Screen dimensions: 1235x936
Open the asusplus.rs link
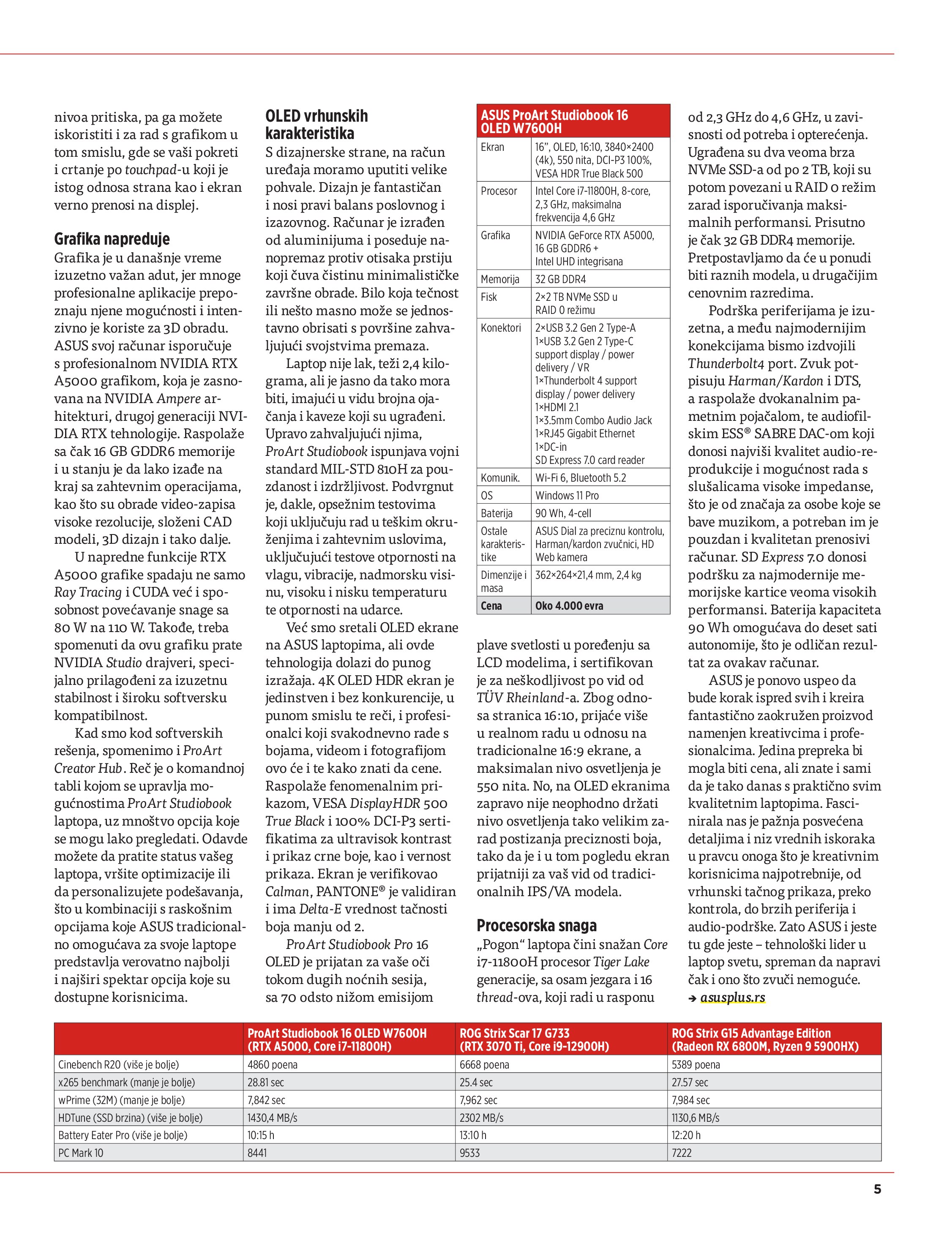pyautogui.click(x=732, y=997)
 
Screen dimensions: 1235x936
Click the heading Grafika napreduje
pyautogui.click(x=112, y=239)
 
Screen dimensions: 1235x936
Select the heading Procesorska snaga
pyautogui.click(x=536, y=925)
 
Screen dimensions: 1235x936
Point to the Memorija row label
pyautogui.click(x=500, y=279)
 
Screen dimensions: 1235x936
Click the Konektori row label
pyautogui.click(x=500, y=328)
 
